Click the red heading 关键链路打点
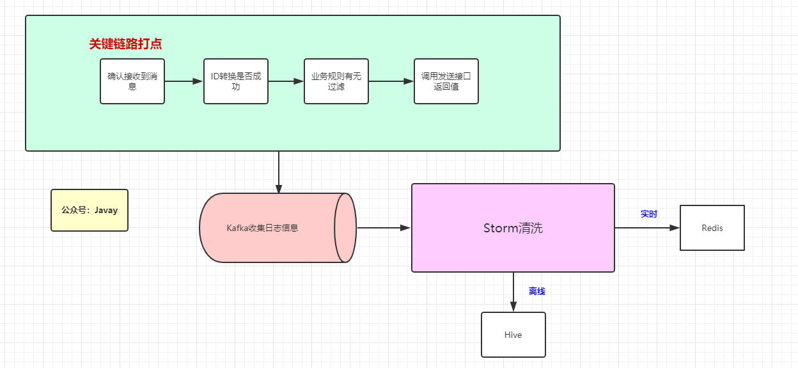pyautogui.click(x=125, y=44)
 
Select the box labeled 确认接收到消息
pyautogui.click(x=132, y=81)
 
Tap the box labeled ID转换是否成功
pyautogui.click(x=236, y=81)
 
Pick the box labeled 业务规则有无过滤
pyautogui.click(x=336, y=81)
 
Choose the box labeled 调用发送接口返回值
pyautogui.click(x=446, y=81)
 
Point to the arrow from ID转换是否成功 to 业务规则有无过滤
pyautogui.click(x=286, y=81)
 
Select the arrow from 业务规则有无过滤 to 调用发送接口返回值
pyautogui.click(x=391, y=81)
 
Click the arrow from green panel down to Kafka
pyautogui.click(x=279, y=172)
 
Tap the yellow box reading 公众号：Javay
pyautogui.click(x=90, y=210)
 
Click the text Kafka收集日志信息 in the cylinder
pyautogui.click(x=262, y=228)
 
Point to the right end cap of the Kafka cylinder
pyautogui.click(x=345, y=228)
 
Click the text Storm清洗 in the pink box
pyautogui.click(x=513, y=228)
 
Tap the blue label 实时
pyautogui.click(x=649, y=214)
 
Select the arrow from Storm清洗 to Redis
pyautogui.click(x=646, y=228)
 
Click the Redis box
pyautogui.click(x=712, y=228)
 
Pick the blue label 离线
pyautogui.click(x=536, y=291)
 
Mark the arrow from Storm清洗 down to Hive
pyautogui.click(x=513, y=292)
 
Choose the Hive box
pyautogui.click(x=513, y=335)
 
